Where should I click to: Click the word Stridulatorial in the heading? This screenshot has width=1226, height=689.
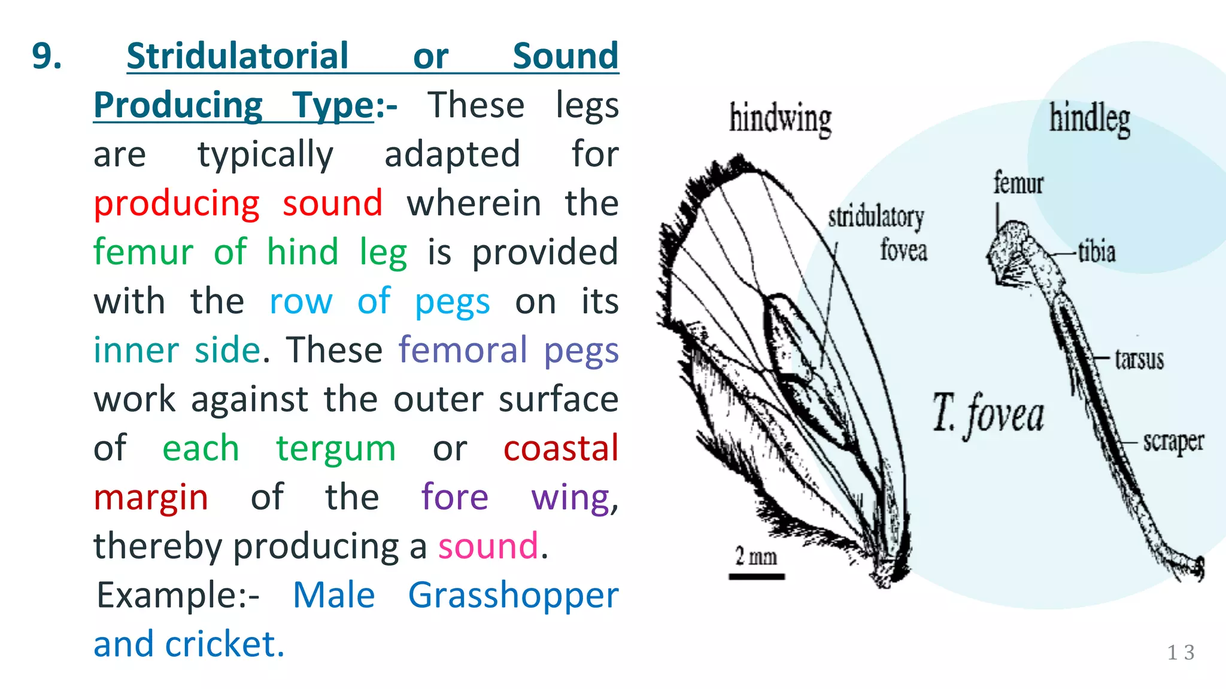tap(237, 57)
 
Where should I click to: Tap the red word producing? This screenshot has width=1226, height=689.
tap(177, 204)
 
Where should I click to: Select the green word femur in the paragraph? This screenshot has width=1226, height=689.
tap(143, 252)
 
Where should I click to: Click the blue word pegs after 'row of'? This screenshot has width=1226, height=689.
tap(452, 302)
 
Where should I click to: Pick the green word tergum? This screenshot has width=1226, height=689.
tap(335, 449)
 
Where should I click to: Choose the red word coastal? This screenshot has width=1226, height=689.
tap(561, 448)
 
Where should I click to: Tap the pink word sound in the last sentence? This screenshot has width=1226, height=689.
tap(488, 546)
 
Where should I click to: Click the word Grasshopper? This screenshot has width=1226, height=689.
tap(513, 596)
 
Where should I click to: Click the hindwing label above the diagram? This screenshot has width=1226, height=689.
tap(780, 118)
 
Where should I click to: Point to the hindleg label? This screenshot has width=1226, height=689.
tap(1090, 118)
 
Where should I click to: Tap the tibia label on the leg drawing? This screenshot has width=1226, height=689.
tap(1097, 252)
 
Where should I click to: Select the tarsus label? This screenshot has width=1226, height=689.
tap(1139, 359)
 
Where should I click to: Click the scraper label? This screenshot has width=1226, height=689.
tap(1173, 442)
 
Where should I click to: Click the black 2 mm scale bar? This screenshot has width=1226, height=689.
tap(757, 577)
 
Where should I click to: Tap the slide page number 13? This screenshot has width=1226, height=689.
tap(1181, 653)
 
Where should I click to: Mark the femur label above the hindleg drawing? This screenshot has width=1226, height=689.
tap(1018, 183)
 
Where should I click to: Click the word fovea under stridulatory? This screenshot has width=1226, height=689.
tap(903, 250)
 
